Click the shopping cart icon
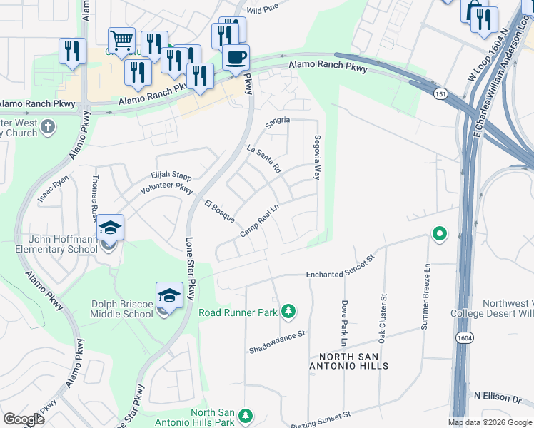pyautogui.click(x=121, y=40)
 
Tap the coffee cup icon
pyautogui.click(x=236, y=56)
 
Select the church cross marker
pyautogui.click(x=47, y=127)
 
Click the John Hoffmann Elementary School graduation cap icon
pyautogui.click(x=110, y=228)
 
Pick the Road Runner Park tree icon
pyautogui.click(x=288, y=311)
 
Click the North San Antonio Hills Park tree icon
pyautogui.click(x=245, y=415)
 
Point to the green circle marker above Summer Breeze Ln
pyautogui.click(x=440, y=234)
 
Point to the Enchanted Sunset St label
pyautogui.click(x=340, y=269)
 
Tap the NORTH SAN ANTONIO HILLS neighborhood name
pyautogui.click(x=344, y=360)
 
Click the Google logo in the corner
pyautogui.click(x=24, y=419)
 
